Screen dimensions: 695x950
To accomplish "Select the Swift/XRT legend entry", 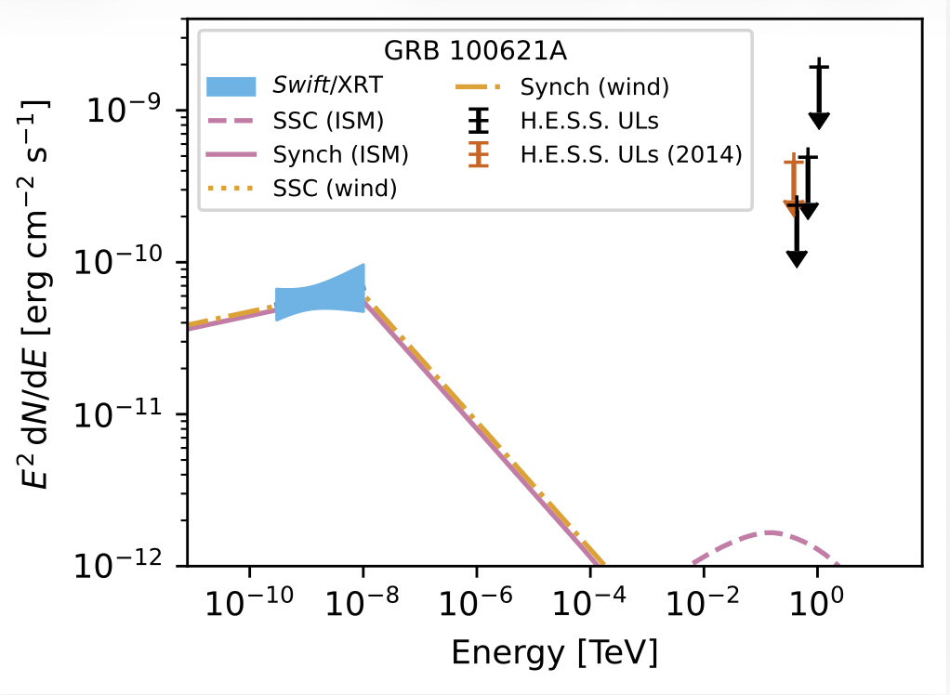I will pyautogui.click(x=320, y=88).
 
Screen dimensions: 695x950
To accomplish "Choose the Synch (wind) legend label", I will pyautogui.click(x=594, y=88).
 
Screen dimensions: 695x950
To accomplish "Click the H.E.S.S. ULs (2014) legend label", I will pyautogui.click(x=631, y=154).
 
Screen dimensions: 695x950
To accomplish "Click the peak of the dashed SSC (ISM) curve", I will pyautogui.click(x=771, y=532).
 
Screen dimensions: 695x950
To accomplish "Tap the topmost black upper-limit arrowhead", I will pyautogui.click(x=818, y=120).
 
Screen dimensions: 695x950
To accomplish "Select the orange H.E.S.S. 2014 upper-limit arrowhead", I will pyautogui.click(x=793, y=210).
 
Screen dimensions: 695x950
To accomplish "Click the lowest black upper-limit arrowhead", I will pyautogui.click(x=797, y=257).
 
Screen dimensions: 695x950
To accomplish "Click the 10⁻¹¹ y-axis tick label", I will pyautogui.click(x=119, y=413).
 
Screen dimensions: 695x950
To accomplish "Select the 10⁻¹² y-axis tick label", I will pyautogui.click(x=119, y=565).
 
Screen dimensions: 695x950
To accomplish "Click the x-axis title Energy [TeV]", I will pyautogui.click(x=555, y=652).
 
